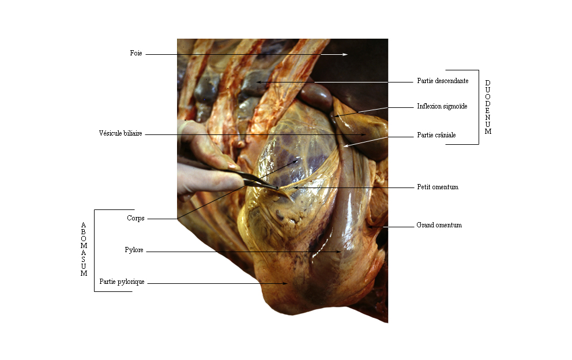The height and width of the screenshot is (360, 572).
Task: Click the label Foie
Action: tap(136, 53)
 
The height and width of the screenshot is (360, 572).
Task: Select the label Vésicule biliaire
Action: tap(121, 133)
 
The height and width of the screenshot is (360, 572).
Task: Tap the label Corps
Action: tap(136, 218)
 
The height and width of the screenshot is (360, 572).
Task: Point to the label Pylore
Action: tap(134, 250)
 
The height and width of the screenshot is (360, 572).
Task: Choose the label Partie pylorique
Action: tap(122, 282)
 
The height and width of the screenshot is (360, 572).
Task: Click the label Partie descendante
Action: tap(442, 81)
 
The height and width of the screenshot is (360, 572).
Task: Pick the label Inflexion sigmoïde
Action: tap(442, 106)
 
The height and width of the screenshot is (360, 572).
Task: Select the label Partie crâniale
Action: tap(436, 135)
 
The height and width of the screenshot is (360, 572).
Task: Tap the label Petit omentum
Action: tap(438, 187)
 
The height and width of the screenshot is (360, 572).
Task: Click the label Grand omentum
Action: tap(439, 225)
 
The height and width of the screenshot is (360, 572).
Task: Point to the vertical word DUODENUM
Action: tap(488, 107)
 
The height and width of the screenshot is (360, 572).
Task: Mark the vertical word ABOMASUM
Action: tap(84, 249)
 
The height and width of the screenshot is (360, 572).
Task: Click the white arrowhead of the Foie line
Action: tap(345, 55)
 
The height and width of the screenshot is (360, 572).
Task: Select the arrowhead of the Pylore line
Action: tap(339, 252)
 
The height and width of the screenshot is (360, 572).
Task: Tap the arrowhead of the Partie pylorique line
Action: tap(285, 283)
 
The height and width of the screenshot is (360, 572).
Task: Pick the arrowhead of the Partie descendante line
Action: tap(259, 82)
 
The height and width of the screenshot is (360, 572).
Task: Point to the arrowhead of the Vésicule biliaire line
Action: tap(363, 135)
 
